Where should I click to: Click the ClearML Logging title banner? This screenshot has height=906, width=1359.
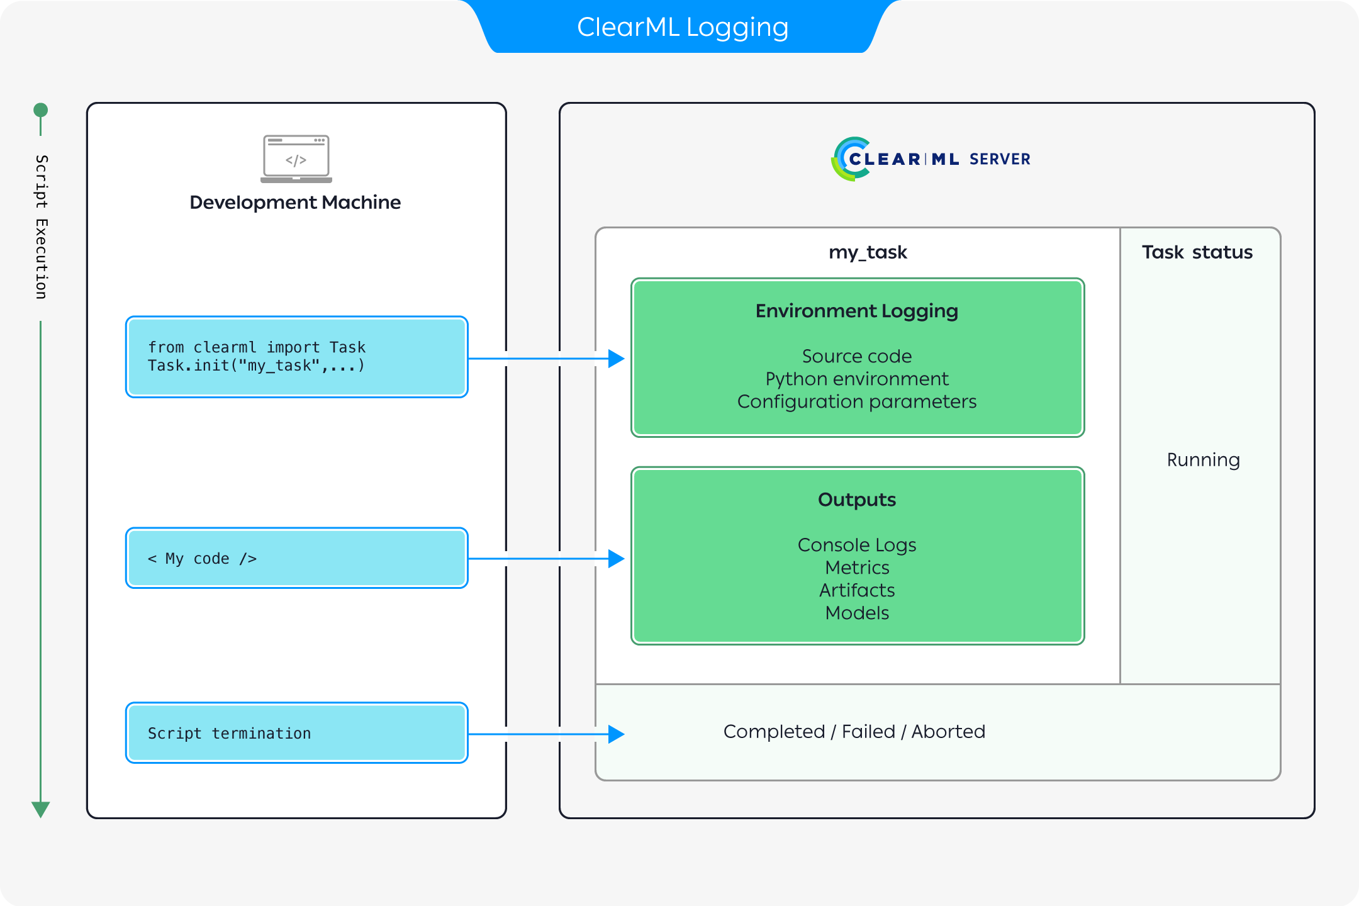click(683, 27)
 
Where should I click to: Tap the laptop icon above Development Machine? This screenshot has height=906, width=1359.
click(296, 159)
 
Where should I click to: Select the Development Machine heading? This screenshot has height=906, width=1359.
click(295, 203)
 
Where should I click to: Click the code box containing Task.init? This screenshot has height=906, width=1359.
click(296, 357)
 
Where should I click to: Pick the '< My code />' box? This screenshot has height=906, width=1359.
click(296, 558)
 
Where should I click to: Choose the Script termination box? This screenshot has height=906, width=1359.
click(296, 733)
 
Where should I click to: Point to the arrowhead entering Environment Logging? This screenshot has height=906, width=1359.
click(616, 359)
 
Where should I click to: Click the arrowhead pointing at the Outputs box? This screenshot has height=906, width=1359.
click(616, 558)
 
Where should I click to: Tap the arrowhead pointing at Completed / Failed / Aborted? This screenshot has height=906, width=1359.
click(616, 734)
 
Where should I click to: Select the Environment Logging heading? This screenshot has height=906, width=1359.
click(857, 311)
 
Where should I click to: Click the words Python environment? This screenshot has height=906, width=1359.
click(857, 379)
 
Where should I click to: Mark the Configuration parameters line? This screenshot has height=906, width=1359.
click(857, 401)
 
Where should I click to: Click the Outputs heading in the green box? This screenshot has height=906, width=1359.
click(857, 500)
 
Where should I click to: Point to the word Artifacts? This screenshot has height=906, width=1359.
click(857, 590)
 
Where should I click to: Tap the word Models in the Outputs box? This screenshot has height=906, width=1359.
click(857, 613)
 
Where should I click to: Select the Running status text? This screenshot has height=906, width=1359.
click(1203, 460)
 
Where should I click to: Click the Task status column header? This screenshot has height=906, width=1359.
click(1197, 252)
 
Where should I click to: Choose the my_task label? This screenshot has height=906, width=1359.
click(868, 252)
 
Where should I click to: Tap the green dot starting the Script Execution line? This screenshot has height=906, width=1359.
click(41, 110)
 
